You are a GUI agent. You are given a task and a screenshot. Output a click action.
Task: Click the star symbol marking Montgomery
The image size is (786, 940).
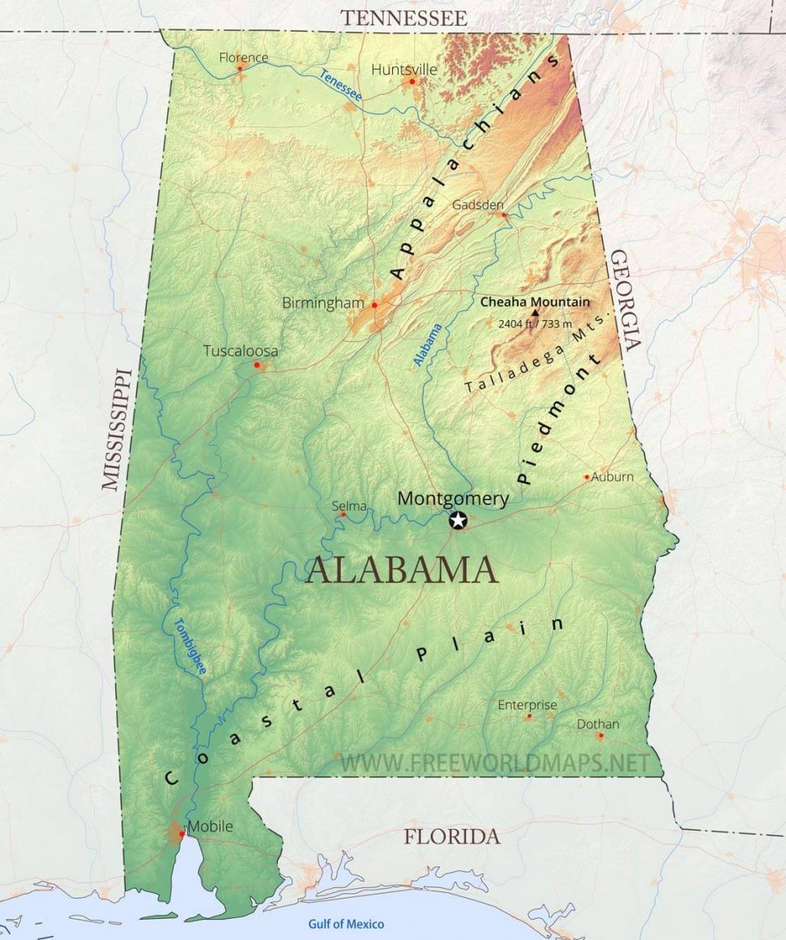(x=459, y=520)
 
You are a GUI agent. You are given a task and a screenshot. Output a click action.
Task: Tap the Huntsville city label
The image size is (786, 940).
(x=404, y=70)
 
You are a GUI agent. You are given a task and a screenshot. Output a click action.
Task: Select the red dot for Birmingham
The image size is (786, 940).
(x=374, y=305)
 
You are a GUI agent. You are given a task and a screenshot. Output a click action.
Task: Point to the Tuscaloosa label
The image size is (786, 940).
(x=240, y=351)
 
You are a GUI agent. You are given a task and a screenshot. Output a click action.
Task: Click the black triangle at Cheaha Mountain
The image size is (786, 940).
(x=535, y=311)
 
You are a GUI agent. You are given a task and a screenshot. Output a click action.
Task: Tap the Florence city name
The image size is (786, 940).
(x=243, y=58)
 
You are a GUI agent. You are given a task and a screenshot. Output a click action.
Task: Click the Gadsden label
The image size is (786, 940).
(x=478, y=204)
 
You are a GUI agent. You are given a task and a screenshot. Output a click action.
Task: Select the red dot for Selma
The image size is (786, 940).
(x=343, y=515)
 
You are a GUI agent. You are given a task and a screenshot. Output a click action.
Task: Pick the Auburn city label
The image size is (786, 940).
(x=613, y=476)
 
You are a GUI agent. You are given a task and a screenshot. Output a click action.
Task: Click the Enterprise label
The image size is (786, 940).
(x=528, y=705)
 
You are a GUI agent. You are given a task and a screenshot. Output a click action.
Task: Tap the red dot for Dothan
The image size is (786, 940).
(x=600, y=736)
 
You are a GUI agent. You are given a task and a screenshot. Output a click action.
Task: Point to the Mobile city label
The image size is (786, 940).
(x=210, y=827)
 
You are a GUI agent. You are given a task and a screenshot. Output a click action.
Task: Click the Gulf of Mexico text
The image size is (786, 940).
(x=346, y=924)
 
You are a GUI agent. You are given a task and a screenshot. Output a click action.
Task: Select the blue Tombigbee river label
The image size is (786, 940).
(x=189, y=647)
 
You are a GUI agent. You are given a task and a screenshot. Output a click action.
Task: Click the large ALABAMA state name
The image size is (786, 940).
(x=402, y=570)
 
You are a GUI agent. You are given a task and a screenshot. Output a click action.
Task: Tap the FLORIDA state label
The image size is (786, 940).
(x=452, y=836)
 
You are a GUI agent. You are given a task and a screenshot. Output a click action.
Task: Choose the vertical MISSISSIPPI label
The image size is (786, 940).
(x=117, y=429)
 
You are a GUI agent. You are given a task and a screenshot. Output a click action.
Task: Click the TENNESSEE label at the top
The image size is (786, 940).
(x=404, y=18)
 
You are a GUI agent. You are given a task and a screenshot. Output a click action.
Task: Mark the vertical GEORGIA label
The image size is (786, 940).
(x=626, y=299)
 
